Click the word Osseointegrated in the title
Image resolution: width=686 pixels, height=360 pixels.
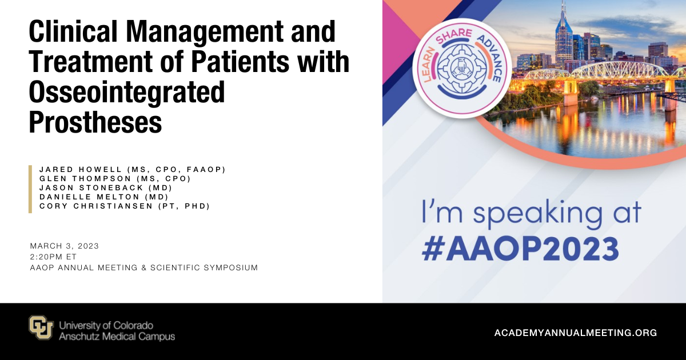click(x=127, y=93)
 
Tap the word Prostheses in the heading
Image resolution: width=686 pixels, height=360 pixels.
click(x=95, y=122)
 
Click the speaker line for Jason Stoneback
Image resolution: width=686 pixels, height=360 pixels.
click(x=106, y=187)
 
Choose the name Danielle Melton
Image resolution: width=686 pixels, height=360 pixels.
click(x=90, y=197)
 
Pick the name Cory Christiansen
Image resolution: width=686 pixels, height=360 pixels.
click(x=96, y=206)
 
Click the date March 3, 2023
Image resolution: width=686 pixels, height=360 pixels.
click(x=64, y=246)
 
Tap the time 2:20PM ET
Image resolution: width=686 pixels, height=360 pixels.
click(x=53, y=257)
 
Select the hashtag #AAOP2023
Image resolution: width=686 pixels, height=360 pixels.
click(x=520, y=250)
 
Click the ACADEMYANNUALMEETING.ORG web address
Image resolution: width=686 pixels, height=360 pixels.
click(x=576, y=333)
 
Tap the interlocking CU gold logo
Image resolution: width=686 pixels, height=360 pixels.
click(x=41, y=327)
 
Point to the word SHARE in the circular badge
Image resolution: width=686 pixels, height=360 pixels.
click(x=454, y=36)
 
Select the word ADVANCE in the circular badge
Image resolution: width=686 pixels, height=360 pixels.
click(x=490, y=58)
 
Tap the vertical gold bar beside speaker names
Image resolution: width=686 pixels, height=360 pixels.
click(x=30, y=189)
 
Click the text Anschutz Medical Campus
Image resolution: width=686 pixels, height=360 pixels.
click(x=117, y=337)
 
